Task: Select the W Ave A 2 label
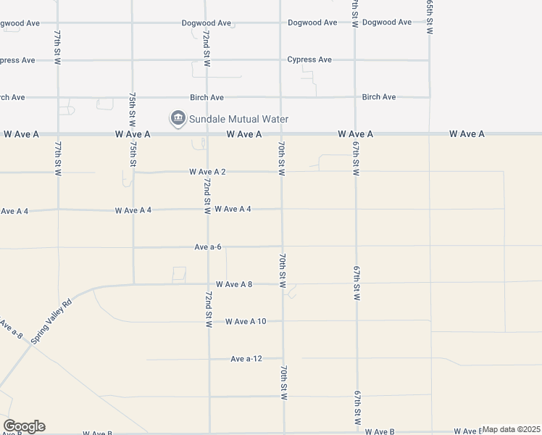pyautogui.click(x=207, y=172)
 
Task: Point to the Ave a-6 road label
pyautogui.click(x=207, y=247)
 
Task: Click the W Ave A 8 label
pyautogui.click(x=233, y=284)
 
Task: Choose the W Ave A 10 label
pyautogui.click(x=246, y=321)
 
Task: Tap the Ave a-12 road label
pyautogui.click(x=246, y=359)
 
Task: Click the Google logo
pyautogui.click(x=24, y=426)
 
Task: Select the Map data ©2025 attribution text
pyautogui.click(x=512, y=429)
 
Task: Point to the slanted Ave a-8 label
pyautogui.click(x=10, y=330)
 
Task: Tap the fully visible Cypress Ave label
pyautogui.click(x=309, y=59)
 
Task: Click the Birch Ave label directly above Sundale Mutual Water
pyautogui.click(x=207, y=97)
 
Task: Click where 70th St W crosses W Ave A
pyautogui.click(x=281, y=134)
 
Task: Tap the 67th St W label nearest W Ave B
pyautogui.click(x=357, y=410)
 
